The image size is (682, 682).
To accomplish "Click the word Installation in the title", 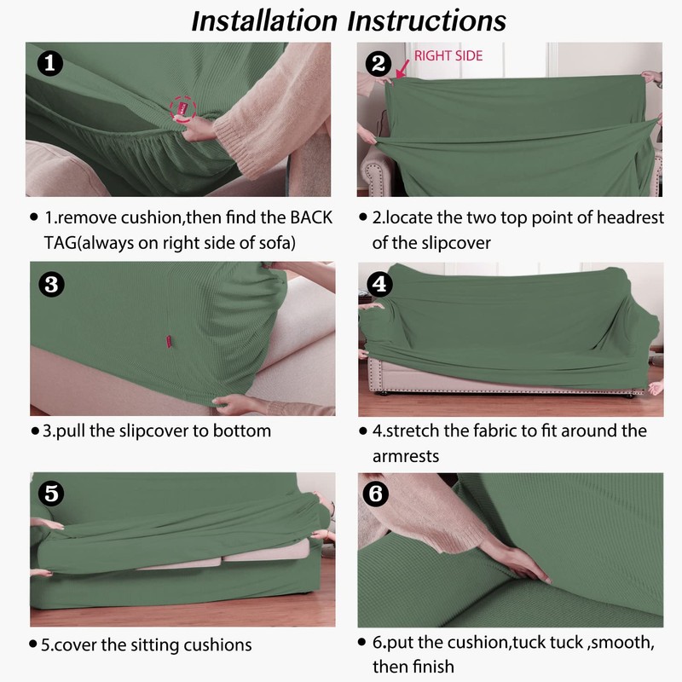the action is coord(264,20).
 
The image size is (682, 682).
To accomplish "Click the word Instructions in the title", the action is coord(427,20).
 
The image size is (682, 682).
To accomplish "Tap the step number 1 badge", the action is coord(50,63).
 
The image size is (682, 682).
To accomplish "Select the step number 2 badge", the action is coord(378,63).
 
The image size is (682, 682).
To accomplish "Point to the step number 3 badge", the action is coord(51,285).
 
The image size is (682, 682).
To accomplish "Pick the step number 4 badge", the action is coord(379,285).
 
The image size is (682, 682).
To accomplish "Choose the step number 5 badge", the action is coord(51,494).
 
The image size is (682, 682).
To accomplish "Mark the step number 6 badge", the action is coord(376,494).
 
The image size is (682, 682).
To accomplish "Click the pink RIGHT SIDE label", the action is coord(448,55).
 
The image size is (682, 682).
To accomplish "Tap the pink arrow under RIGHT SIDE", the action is coord(402,69).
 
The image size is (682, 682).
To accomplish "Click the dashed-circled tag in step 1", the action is coord(183,109).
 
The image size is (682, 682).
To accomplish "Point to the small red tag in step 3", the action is coord(167,342).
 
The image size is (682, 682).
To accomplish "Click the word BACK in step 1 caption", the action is coord(311,217).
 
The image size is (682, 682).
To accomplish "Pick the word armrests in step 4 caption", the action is coord(406,456).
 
